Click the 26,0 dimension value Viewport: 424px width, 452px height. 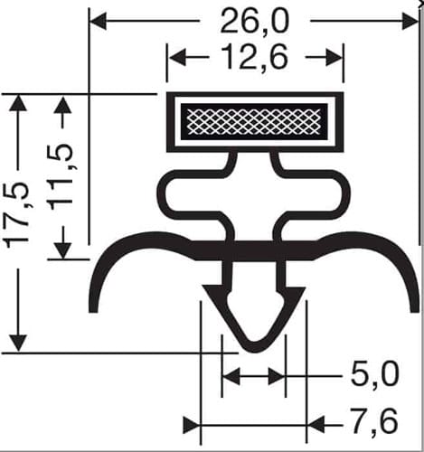click(255, 22)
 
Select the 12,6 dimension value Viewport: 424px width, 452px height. click(255, 56)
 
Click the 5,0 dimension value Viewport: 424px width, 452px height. click(375, 375)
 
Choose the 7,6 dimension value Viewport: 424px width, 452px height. click(374, 421)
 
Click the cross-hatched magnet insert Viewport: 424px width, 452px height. click(254, 122)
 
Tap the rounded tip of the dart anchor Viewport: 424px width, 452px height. click(255, 348)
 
